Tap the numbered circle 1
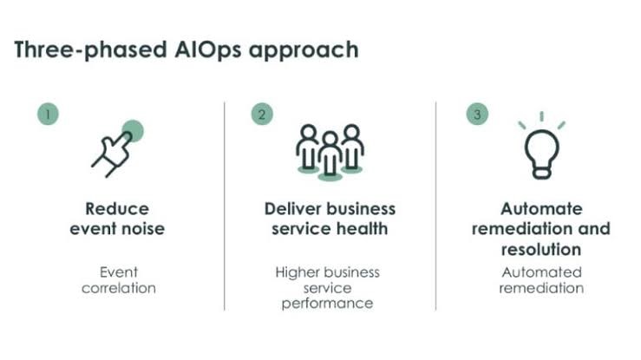point(48,114)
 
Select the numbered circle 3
point(476,114)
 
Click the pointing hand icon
point(114,149)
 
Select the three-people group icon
point(329,151)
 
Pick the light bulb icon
point(541,148)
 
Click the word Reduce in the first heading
point(117,209)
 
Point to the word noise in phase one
point(144,229)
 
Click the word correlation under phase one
point(119,288)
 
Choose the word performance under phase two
point(327,304)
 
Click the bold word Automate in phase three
point(541,209)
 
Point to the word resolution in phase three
point(541,250)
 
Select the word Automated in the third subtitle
point(541,272)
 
